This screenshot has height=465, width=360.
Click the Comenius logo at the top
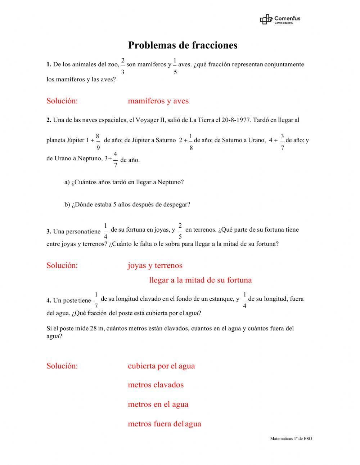coord(280,19)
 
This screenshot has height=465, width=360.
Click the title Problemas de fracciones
coord(183,45)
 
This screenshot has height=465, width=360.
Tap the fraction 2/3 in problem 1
coord(123,66)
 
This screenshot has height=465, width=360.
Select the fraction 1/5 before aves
coord(175,66)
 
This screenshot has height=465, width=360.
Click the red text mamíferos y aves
coord(158,101)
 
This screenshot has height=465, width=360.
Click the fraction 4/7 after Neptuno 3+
coord(115,160)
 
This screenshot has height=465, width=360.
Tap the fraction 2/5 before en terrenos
coord(180,231)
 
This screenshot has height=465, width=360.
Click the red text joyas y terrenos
coord(155,266)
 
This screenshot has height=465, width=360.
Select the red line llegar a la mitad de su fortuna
coord(200,280)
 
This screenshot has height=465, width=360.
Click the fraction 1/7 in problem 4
coord(96,300)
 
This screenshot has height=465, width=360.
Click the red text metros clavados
coord(156,385)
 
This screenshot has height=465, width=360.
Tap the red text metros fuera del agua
coord(164,424)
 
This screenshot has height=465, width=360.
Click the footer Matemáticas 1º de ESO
coord(291,439)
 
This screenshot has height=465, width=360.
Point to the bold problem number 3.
coord(49,232)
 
